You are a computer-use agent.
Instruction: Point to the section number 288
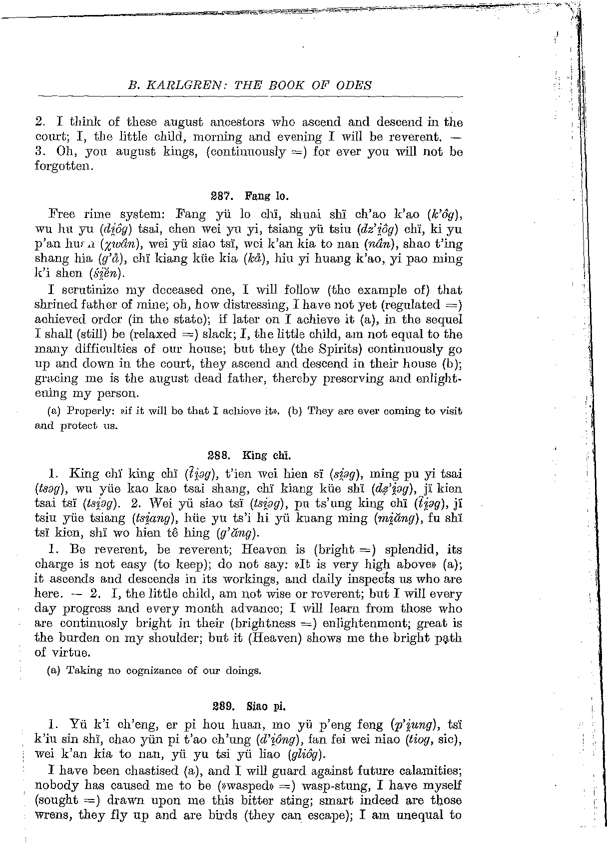pos(218,455)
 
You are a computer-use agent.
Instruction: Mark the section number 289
pos(222,706)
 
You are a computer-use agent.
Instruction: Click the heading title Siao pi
pos(266,706)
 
